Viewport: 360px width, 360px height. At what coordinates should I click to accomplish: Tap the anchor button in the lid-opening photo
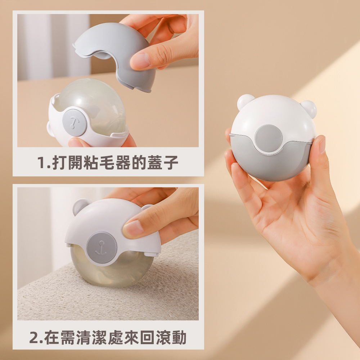point(74,122)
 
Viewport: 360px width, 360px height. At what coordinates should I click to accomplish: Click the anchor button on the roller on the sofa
point(102,247)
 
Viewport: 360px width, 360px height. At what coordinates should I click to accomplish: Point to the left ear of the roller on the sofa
point(80,206)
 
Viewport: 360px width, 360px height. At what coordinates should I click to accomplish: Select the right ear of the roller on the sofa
point(147,207)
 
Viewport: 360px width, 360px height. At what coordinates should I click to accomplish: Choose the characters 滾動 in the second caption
point(171,338)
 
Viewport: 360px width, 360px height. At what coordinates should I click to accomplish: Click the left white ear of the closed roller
point(246,102)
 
